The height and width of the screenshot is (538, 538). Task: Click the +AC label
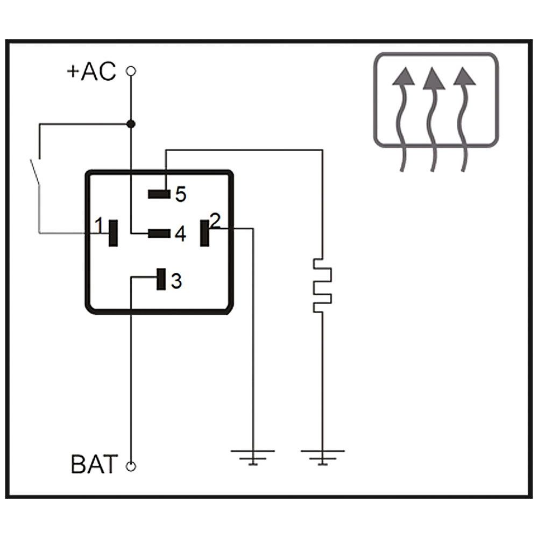pyautogui.click(x=91, y=72)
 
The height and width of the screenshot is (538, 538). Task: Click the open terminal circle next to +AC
pyautogui.click(x=130, y=70)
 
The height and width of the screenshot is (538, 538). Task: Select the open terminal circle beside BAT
pyautogui.click(x=130, y=466)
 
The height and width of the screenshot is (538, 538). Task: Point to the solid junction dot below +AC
pyautogui.click(x=130, y=124)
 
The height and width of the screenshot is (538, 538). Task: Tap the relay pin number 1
pyautogui.click(x=98, y=225)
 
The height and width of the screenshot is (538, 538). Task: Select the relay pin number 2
pyautogui.click(x=215, y=220)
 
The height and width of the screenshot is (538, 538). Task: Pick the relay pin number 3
pyautogui.click(x=176, y=280)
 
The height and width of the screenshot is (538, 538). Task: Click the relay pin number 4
pyautogui.click(x=180, y=234)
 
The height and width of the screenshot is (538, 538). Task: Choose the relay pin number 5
pyautogui.click(x=180, y=194)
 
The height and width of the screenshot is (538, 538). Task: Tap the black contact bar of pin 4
pyautogui.click(x=159, y=233)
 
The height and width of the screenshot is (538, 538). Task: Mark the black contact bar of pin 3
pyautogui.click(x=160, y=279)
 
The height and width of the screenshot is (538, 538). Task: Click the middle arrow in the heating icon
pyautogui.click(x=434, y=118)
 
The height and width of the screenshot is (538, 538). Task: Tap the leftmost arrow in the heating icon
pyautogui.click(x=402, y=118)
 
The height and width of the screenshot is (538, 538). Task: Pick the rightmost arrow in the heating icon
pyautogui.click(x=465, y=118)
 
